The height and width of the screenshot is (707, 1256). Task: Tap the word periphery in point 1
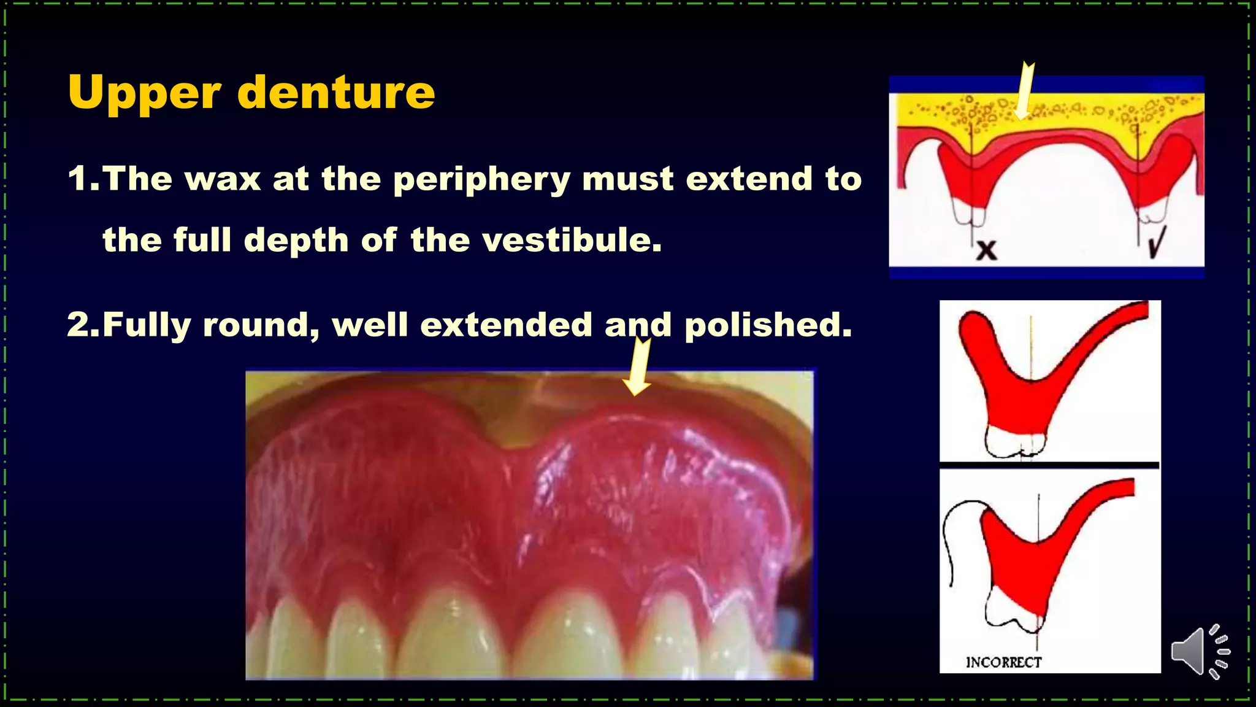point(481,180)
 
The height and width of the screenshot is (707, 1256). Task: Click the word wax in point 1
point(223,180)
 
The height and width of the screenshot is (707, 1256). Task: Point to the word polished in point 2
point(768,325)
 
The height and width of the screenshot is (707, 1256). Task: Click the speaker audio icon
point(1199,652)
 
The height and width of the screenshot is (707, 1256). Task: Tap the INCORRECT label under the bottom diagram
point(1003,662)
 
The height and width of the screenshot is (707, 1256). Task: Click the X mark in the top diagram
point(987,250)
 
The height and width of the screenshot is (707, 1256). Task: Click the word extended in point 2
point(506,325)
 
